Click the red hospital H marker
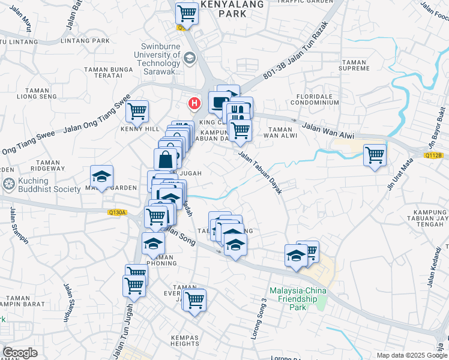(x=194, y=103)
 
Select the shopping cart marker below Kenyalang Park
(x=187, y=12)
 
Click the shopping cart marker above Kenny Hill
(x=137, y=110)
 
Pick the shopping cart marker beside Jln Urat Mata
(x=375, y=155)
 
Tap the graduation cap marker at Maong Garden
(x=101, y=177)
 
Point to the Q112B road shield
(x=433, y=155)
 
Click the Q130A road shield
(x=118, y=212)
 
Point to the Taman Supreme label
(x=355, y=65)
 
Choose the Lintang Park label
(x=89, y=40)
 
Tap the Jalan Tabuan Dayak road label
(x=260, y=172)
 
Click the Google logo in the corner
(x=20, y=353)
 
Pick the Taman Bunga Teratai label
(x=109, y=73)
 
